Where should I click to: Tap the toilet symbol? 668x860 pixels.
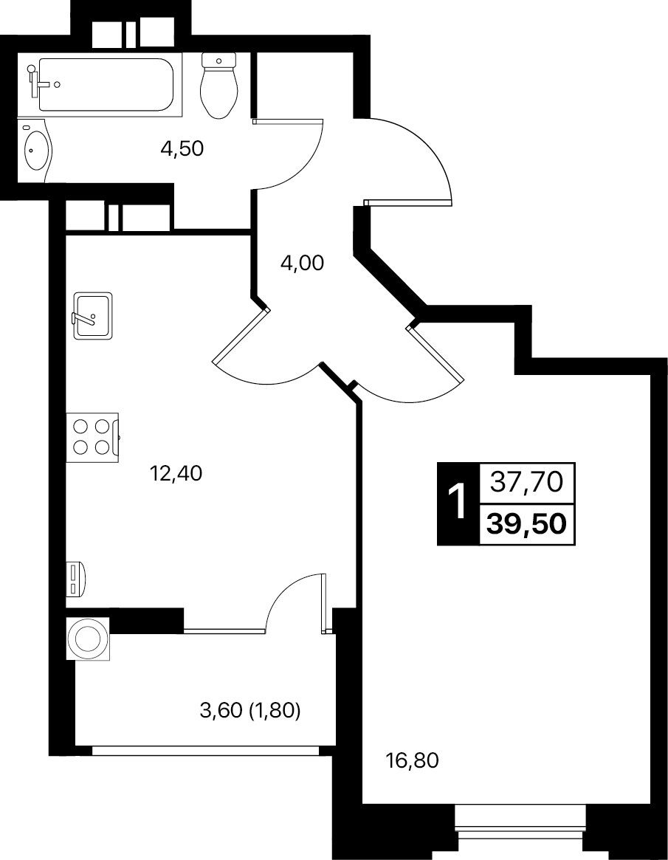tap(218, 85)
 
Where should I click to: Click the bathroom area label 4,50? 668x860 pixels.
tap(182, 148)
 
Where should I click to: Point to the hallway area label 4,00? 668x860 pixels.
tap(302, 264)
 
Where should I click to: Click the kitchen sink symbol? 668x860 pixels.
tap(93, 314)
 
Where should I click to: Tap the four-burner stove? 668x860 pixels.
tap(92, 437)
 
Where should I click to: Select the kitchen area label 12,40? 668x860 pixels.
tap(176, 472)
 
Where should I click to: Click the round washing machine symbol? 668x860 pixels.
tap(88, 639)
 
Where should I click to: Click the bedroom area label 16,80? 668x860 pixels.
tap(413, 761)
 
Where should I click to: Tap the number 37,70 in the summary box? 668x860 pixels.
tap(526, 482)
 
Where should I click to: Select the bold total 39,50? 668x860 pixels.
tap(526, 524)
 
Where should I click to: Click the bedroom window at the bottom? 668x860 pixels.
tap(520, 826)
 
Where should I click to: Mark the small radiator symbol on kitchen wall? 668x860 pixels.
tap(76, 579)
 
